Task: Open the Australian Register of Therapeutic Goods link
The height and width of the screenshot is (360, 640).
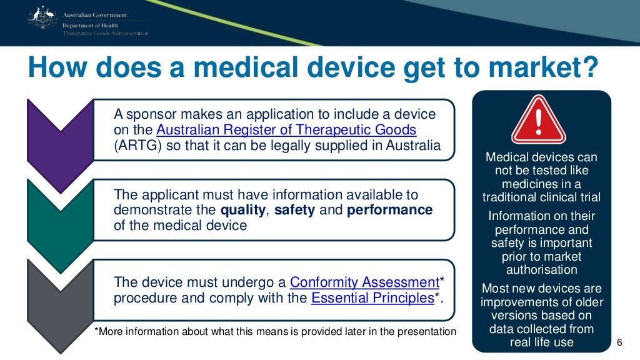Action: [x=286, y=131]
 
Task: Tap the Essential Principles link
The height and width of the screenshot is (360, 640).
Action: [x=372, y=298]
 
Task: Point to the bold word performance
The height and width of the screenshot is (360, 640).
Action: [x=389, y=210]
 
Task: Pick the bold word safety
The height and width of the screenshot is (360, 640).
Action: [x=295, y=210]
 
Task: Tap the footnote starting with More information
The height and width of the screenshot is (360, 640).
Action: [x=275, y=331]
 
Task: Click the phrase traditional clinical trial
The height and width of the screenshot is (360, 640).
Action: [x=541, y=197]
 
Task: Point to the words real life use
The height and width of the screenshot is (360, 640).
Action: [x=541, y=342]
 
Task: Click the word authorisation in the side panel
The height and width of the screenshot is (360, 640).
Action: [x=541, y=270]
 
